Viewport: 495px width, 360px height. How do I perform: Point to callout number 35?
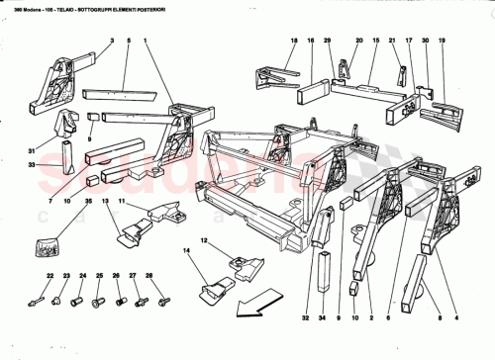tap(88, 201)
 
